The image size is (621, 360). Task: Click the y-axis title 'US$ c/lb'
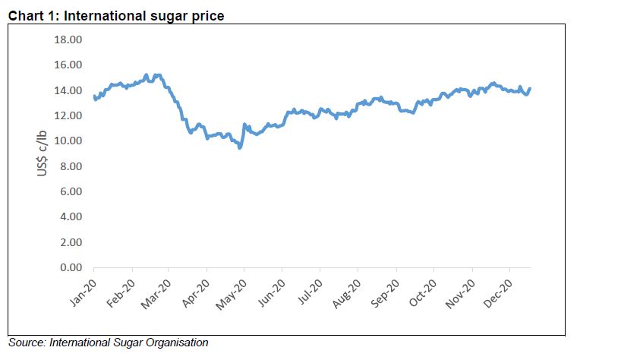[43, 153]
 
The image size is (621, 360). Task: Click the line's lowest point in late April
[240, 147]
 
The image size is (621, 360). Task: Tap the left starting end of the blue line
[94, 96]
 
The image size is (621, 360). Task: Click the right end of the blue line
[530, 89]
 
